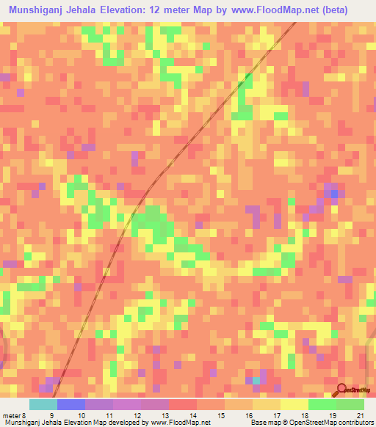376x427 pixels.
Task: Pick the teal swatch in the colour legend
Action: pos(43,404)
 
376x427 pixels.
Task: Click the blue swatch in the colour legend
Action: pos(70,404)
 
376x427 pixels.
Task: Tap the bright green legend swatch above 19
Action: pos(322,404)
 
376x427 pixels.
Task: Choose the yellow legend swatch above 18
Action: pos(294,404)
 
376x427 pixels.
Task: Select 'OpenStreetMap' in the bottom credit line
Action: pos(308,423)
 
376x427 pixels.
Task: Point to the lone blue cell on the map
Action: pos(336,194)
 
